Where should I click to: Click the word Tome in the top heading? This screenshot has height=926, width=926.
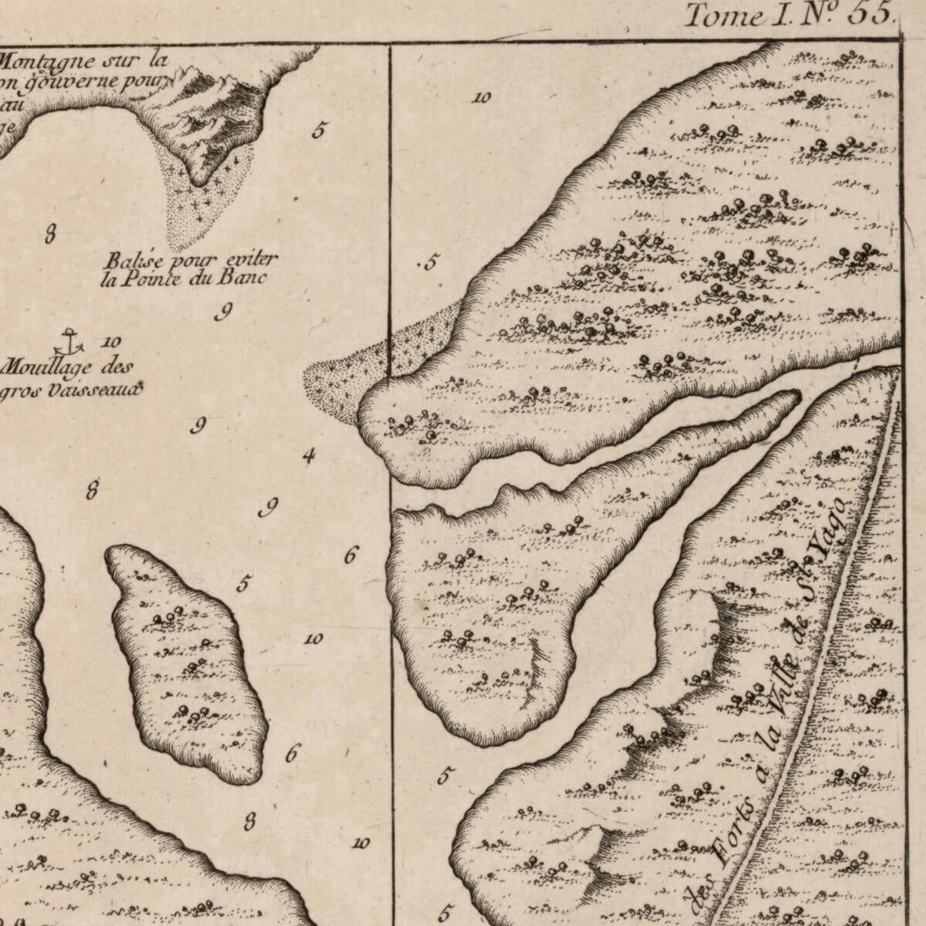724,15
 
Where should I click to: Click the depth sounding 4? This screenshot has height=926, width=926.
309,456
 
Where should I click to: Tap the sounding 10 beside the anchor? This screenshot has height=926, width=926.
110,342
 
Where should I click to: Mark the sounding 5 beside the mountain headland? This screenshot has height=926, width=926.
318,130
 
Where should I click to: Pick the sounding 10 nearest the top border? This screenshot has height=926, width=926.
482,98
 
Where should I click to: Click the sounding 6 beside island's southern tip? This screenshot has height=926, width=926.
291,754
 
